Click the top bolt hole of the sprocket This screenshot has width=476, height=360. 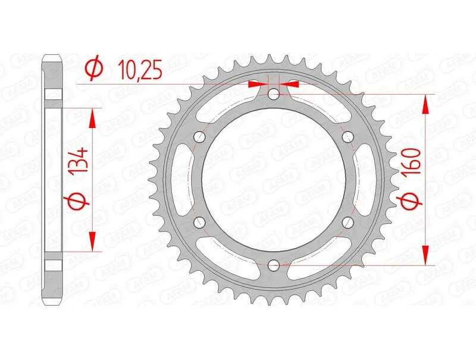click(273, 94)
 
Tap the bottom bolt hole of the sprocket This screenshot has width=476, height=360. click(273, 264)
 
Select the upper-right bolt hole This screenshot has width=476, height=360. click(347, 137)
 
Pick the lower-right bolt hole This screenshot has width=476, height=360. click(347, 222)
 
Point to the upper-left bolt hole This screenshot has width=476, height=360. click(199, 137)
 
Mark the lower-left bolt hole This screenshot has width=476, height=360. click(199, 222)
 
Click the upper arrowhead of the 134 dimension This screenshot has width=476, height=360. click(92, 118)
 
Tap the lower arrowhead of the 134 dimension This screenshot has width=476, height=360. click(92, 241)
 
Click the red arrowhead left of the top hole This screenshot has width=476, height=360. click(257, 84)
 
